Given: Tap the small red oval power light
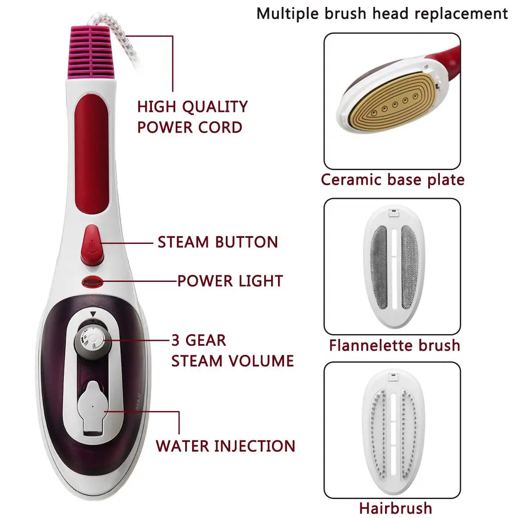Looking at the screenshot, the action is tap(92, 282).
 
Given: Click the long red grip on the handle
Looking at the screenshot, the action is tap(92, 154).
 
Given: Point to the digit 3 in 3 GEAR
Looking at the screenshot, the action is tap(175, 340).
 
